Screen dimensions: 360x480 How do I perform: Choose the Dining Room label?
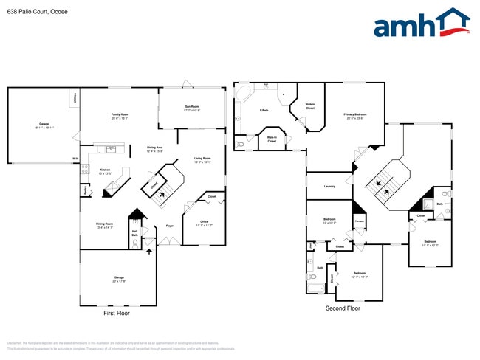tap(104, 225)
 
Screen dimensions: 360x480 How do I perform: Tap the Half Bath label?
tap(135, 235)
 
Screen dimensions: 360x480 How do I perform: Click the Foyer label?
tap(169, 226)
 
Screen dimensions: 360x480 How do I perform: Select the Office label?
tap(205, 224)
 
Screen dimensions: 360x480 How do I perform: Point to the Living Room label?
tap(202, 159)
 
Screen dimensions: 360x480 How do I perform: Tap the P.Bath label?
tap(264, 111)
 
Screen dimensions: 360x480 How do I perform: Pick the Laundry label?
tap(329, 186)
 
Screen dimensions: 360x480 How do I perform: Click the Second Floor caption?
tap(343, 308)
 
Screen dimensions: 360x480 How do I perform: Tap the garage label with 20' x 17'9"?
tap(119, 280)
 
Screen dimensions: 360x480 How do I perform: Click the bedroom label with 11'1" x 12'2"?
tap(431, 243)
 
